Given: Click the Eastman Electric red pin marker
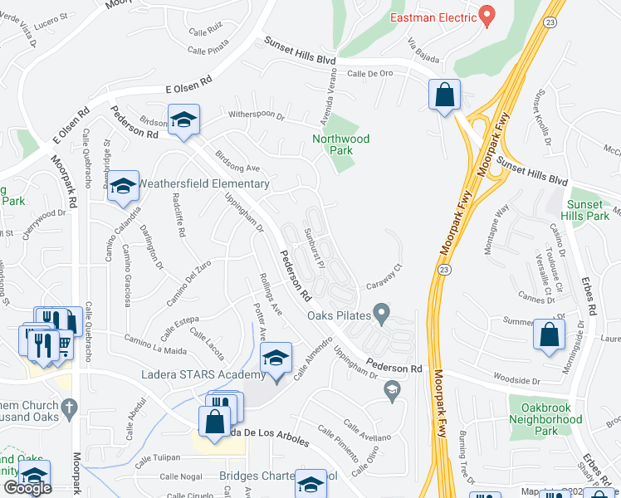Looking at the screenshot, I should tap(487, 16).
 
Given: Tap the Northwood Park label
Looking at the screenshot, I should tap(340, 144).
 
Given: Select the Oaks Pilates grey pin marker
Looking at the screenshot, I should tap(382, 313).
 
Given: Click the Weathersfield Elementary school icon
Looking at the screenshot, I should tap(124, 188).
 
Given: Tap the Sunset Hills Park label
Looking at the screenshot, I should tap(588, 210).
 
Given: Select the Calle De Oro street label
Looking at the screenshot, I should tap(369, 73).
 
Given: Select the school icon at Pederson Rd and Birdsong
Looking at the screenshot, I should tap(183, 120).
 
